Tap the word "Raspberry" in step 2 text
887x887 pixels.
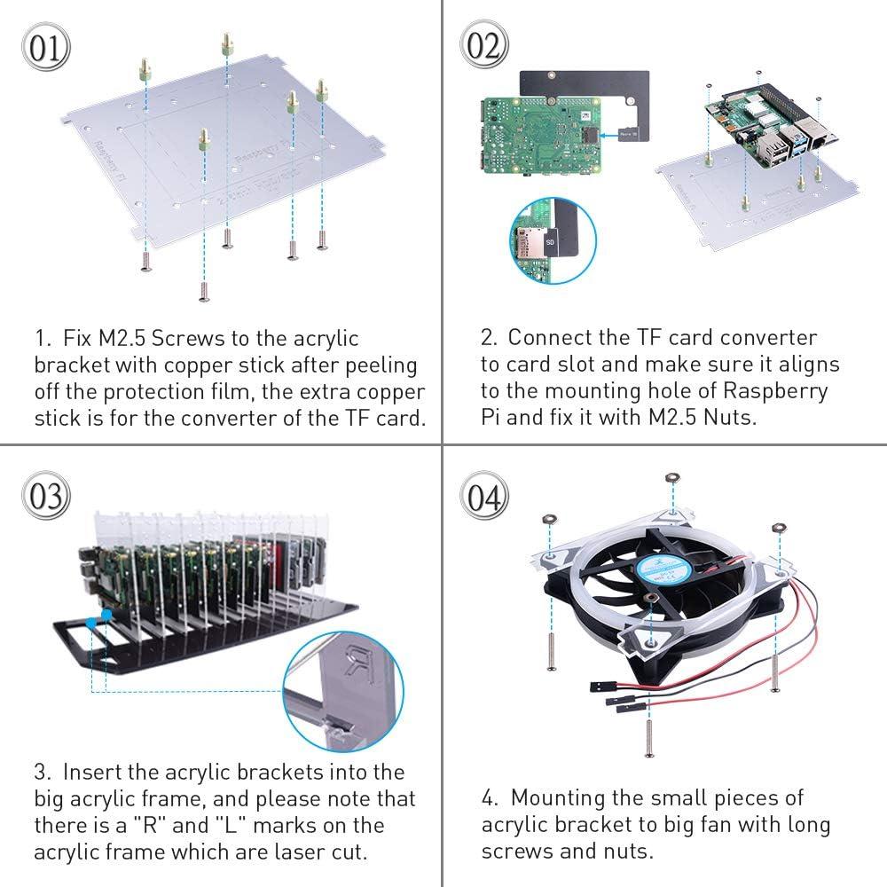[778, 390]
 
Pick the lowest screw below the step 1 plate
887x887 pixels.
[202, 290]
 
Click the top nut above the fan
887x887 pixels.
[671, 478]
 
